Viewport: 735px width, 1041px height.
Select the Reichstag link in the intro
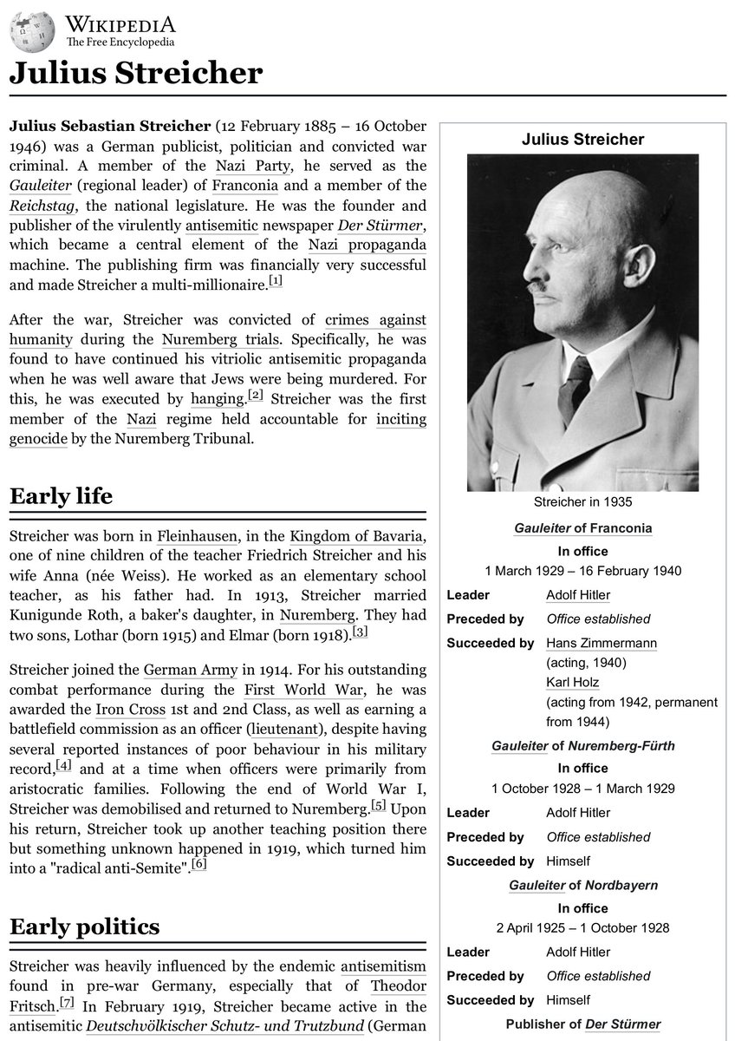(x=42, y=206)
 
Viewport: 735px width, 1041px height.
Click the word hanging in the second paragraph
(x=217, y=399)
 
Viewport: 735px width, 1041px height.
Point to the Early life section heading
(x=61, y=497)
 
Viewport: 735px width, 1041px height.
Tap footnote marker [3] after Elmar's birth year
(x=361, y=632)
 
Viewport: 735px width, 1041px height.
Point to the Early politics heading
(x=84, y=927)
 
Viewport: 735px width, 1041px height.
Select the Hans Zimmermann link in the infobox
(x=602, y=643)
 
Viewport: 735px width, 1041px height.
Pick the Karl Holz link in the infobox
(x=572, y=683)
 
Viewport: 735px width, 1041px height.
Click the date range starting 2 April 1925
(x=582, y=927)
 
